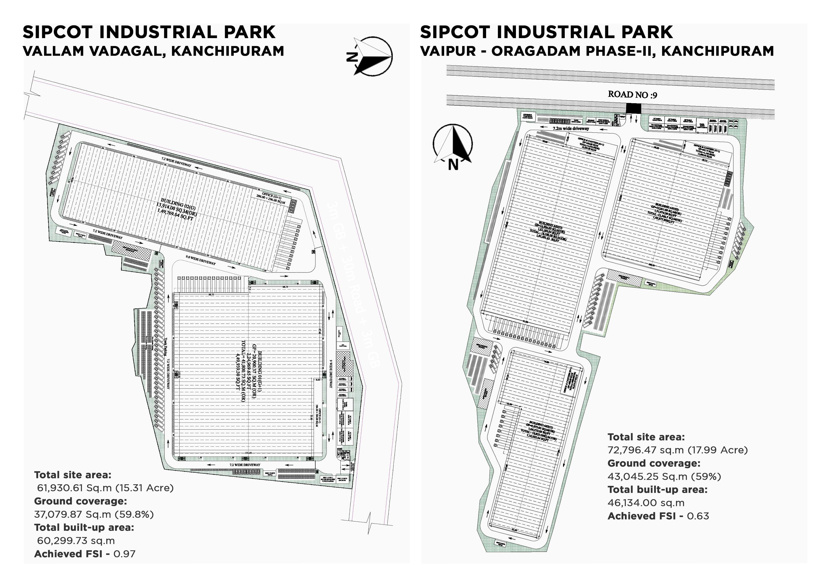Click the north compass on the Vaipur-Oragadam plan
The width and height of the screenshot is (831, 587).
click(x=452, y=145)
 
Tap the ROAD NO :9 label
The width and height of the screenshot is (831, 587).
click(x=632, y=94)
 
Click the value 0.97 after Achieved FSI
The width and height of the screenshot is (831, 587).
click(x=125, y=554)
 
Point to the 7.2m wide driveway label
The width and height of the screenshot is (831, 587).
click(x=571, y=128)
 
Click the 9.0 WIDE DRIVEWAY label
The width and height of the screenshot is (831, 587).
click(x=200, y=260)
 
